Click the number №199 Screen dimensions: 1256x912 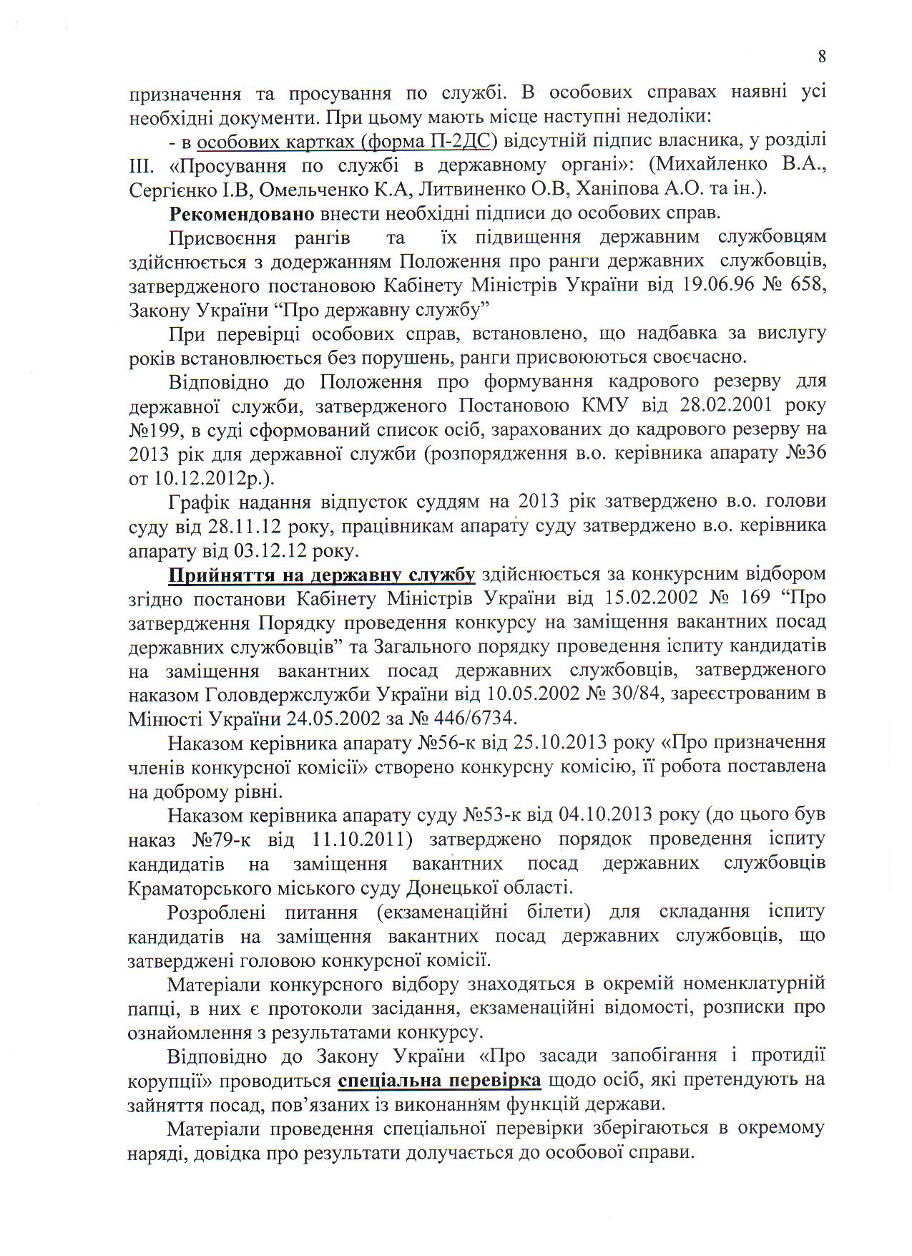[153, 429]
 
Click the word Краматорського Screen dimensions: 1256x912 [199, 888]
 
